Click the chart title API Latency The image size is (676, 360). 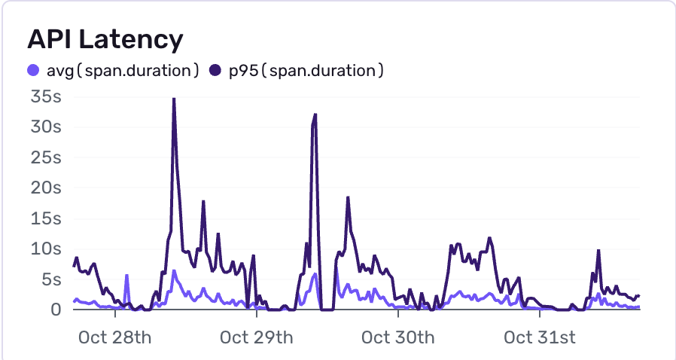click(x=105, y=39)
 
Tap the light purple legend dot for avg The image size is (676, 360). click(x=32, y=72)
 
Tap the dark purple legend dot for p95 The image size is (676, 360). click(x=215, y=72)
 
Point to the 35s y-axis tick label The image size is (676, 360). click(x=46, y=97)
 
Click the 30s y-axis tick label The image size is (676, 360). click(x=46, y=127)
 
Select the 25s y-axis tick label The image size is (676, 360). click(x=46, y=158)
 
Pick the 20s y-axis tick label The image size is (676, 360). click(x=46, y=188)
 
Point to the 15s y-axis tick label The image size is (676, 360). click(x=46, y=218)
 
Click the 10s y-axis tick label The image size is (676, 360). click(x=46, y=249)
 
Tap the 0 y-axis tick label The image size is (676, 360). click(x=56, y=310)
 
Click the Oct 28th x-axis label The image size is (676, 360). click(x=114, y=337)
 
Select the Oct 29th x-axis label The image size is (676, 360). click(x=256, y=337)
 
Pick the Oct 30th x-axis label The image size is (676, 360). click(x=398, y=337)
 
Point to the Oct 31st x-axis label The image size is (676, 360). click(x=540, y=337)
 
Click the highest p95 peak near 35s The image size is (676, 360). click(x=174, y=99)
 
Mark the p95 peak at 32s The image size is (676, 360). click(x=315, y=114)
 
